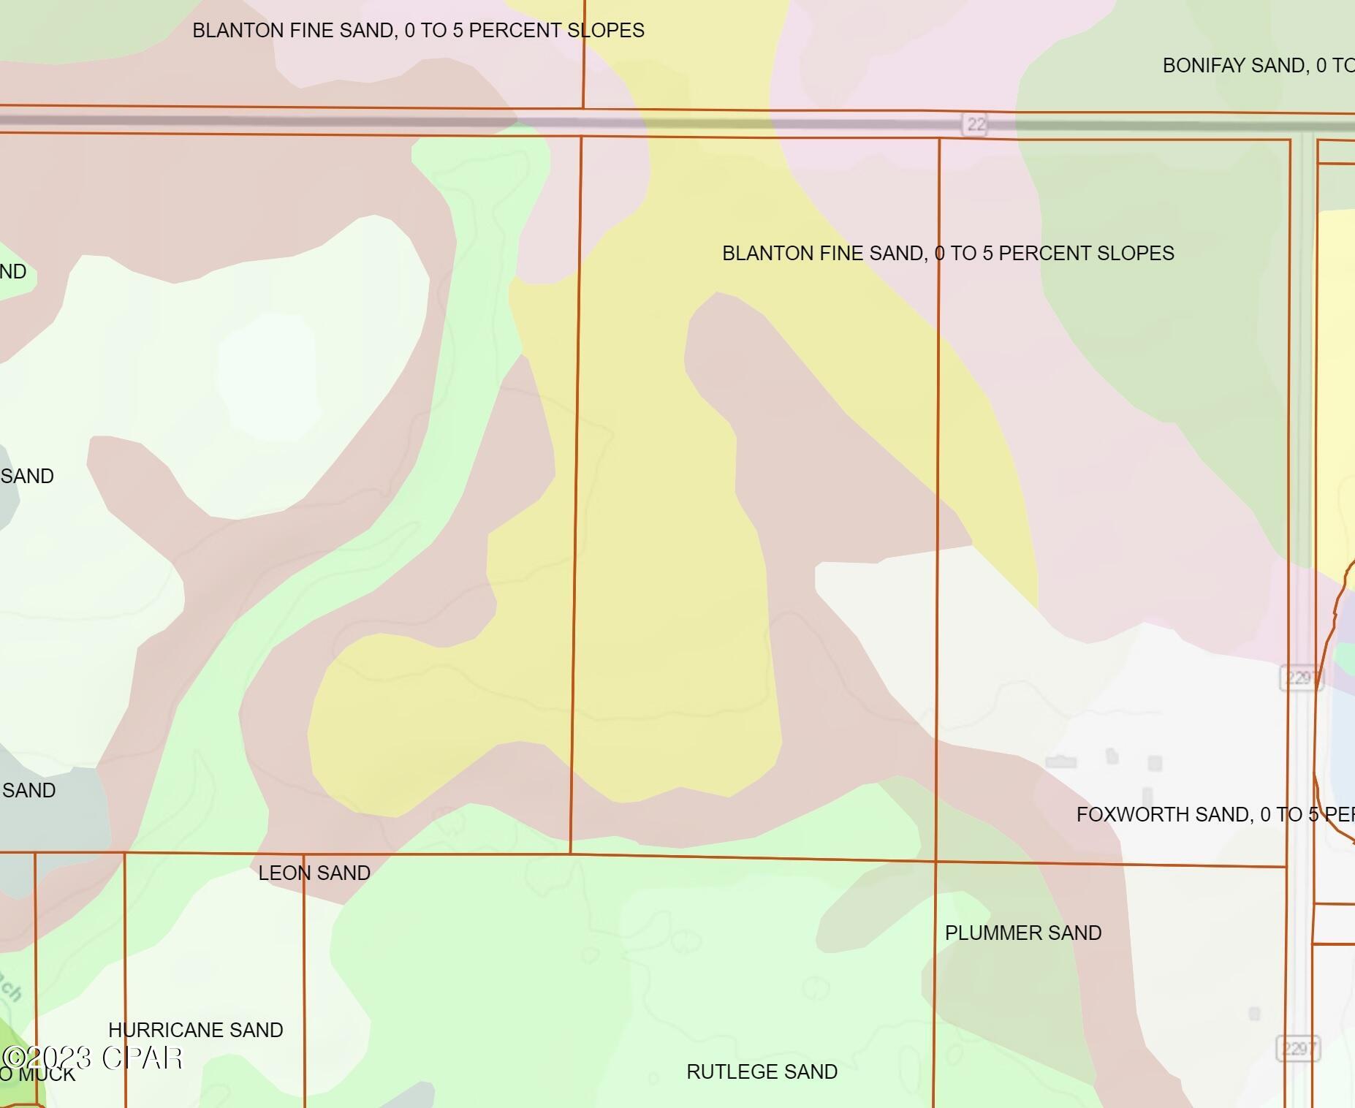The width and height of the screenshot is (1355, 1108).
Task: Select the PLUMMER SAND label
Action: pos(1022,933)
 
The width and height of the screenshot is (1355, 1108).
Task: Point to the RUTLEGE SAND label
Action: pos(762,1072)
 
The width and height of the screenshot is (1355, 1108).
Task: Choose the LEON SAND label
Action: pos(314,873)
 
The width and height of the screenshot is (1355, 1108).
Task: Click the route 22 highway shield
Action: pos(976,124)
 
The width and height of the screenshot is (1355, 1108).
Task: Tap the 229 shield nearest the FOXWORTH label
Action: pos(1299,678)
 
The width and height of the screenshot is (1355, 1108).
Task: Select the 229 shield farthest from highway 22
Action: pos(1297,1050)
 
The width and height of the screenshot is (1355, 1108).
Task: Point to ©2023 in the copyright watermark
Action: pos(47,1058)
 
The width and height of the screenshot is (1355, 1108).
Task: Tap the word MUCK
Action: pos(47,1074)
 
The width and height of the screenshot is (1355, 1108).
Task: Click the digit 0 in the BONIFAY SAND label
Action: pos(1321,66)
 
